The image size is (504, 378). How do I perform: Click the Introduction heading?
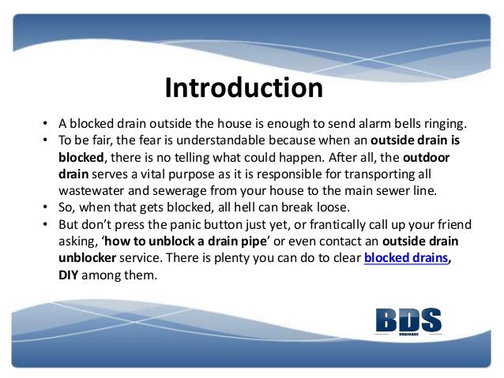point(243,88)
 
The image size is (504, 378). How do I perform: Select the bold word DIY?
point(71,276)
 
